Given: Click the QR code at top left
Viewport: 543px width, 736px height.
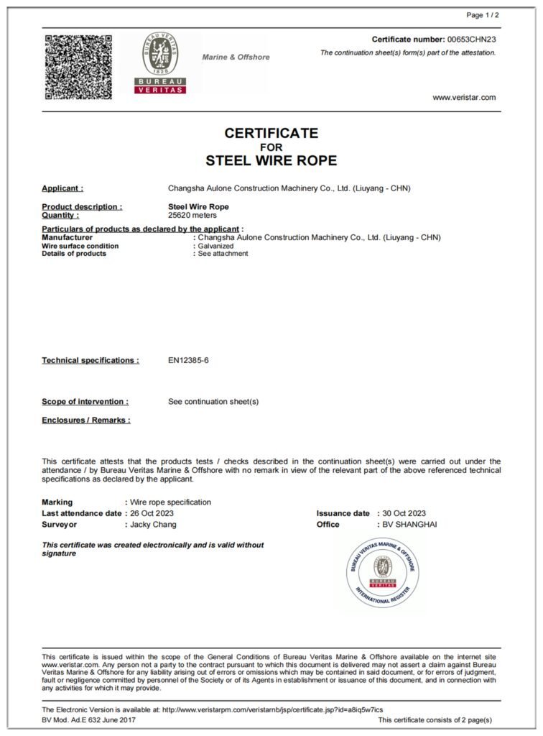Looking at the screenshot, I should [x=78, y=67].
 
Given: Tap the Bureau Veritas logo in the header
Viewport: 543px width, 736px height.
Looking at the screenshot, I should [x=160, y=63].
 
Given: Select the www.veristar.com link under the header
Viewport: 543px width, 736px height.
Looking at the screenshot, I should [x=464, y=98].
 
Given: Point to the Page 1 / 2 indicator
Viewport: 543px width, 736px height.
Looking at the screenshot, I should [x=483, y=15].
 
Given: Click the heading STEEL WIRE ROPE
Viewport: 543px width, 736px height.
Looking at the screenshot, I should [x=271, y=160].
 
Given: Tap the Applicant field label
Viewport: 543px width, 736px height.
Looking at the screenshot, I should [x=62, y=188].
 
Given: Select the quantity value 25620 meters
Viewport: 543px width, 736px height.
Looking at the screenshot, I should [x=192, y=215].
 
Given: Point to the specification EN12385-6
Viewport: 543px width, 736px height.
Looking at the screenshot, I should [x=188, y=360].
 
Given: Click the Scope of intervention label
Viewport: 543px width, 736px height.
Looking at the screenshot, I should [x=85, y=402].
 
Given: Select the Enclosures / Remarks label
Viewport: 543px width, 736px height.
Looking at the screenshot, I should [x=86, y=420].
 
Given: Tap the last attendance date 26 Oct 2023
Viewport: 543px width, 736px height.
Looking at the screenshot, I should [x=152, y=513].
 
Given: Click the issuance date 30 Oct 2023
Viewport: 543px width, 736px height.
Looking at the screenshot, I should [x=404, y=513].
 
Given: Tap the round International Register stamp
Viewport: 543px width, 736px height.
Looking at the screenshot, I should [x=384, y=572].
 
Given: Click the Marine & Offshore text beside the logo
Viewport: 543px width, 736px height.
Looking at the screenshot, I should [x=236, y=57].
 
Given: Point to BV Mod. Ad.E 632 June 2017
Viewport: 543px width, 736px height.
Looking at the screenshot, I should [x=88, y=719].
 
